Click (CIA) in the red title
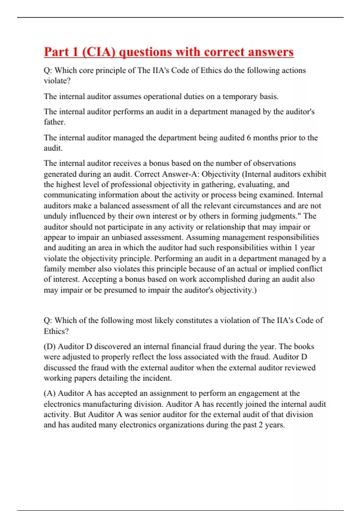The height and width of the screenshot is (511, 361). [x=98, y=52]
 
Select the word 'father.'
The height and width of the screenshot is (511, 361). [x=54, y=122]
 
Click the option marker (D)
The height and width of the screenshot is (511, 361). [x=50, y=347]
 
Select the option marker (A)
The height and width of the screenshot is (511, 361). [x=50, y=393]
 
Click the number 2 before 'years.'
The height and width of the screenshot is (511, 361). [x=261, y=425]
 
